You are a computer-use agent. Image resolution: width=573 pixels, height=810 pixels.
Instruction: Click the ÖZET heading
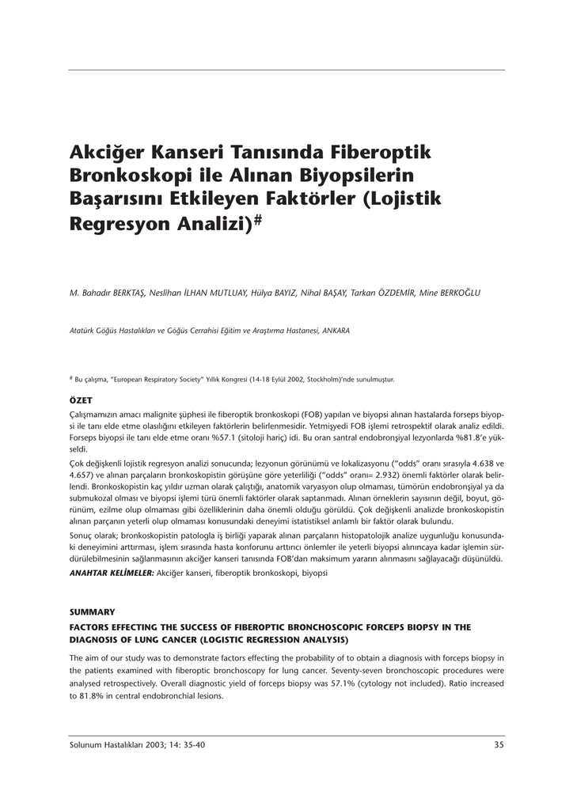coord(82,401)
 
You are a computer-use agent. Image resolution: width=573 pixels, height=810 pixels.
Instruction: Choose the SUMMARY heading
coord(92,612)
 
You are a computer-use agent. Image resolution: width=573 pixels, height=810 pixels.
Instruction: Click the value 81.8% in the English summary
coord(91,696)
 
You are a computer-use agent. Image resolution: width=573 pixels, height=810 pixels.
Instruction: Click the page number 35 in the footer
coord(499,744)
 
